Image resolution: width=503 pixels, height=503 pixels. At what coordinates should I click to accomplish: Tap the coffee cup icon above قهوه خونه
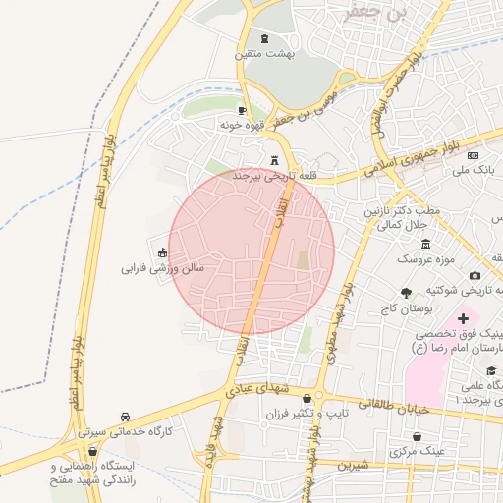click(243, 111)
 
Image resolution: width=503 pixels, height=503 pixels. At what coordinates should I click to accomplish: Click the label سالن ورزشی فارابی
click(162, 267)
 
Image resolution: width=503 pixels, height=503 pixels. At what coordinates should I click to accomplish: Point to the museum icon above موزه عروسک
click(424, 243)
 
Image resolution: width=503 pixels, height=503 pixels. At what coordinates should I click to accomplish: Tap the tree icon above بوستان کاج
click(406, 293)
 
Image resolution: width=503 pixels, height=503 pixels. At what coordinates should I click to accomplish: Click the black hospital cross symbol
click(463, 319)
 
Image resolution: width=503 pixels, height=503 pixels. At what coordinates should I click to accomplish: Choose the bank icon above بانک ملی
click(473, 155)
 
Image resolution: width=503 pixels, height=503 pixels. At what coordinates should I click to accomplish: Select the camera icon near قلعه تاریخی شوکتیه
click(475, 276)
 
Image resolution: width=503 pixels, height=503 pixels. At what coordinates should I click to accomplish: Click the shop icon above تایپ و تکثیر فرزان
click(308, 399)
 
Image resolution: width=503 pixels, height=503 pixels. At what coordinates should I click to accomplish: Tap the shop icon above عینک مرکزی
click(419, 436)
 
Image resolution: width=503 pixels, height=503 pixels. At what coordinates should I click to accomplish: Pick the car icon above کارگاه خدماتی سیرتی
click(125, 417)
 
